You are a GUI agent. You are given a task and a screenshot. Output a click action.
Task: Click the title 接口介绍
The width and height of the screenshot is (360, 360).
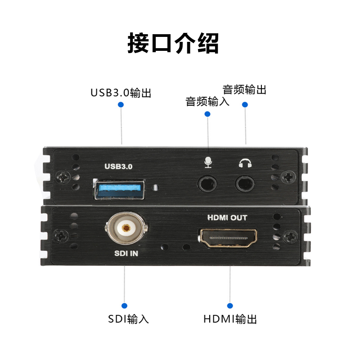pos(173,44)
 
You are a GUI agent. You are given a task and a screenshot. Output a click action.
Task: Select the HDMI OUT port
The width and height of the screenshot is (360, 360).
pos(228,238)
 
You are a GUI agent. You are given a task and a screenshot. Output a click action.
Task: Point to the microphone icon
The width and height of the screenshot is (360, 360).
pos(207,162)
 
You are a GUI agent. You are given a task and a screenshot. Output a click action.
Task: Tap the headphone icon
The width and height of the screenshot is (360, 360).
pos(244,162)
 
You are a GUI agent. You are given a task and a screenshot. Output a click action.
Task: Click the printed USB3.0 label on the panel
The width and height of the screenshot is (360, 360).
pos(118,166)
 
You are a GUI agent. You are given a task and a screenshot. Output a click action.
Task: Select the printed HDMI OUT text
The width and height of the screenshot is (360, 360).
pos(227,218)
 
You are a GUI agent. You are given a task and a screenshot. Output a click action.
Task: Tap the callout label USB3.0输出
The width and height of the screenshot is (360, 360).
pos(121,93)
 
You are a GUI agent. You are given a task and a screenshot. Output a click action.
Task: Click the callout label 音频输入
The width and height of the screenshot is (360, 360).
pos(207,102)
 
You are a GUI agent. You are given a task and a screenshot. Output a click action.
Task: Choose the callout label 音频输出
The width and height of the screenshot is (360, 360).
pos(244,90)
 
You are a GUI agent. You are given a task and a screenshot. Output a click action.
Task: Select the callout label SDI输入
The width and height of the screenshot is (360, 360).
pos(128,319)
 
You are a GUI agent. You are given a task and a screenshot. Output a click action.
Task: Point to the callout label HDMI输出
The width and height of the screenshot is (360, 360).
pos(230,319)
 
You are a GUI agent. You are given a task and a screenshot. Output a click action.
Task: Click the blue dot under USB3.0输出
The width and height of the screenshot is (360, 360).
pos(121,105)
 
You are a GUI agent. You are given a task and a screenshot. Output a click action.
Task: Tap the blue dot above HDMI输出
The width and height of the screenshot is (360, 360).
pos(230,305)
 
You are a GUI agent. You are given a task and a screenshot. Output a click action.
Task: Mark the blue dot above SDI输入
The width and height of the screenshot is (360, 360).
pos(124,305)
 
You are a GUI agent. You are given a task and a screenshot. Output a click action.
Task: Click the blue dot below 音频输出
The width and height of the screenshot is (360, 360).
pos(245,105)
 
